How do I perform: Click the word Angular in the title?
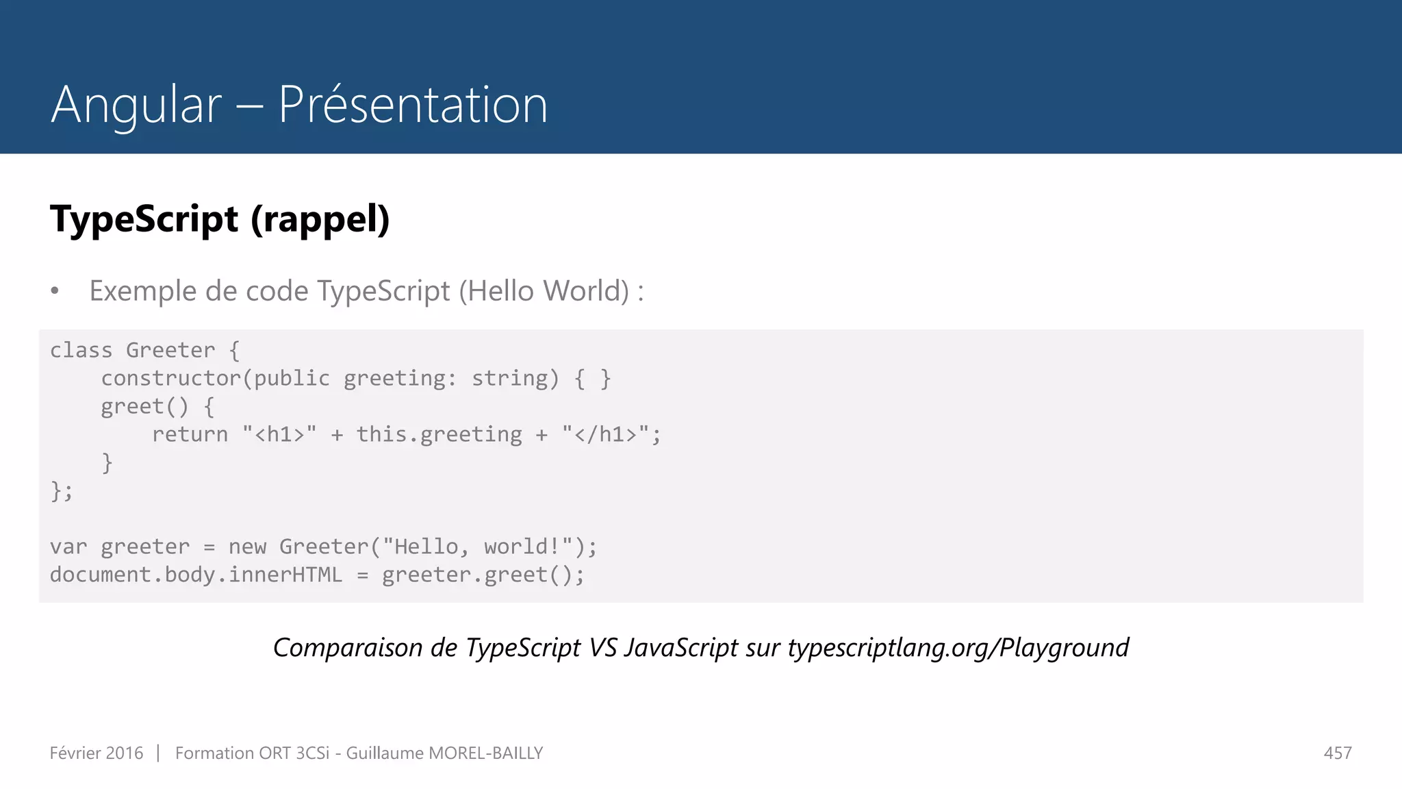136,105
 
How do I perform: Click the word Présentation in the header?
413,105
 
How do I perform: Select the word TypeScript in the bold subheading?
144,219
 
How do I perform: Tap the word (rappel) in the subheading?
320,219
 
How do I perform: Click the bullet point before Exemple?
55,292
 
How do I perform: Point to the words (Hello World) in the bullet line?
544,291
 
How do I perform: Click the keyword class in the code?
81,351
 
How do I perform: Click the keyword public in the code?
292,379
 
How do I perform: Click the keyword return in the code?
190,435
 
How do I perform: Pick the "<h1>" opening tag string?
279,435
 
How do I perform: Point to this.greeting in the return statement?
439,435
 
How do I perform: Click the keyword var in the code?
68,547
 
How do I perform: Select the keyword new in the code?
247,547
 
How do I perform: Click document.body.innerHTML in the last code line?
196,575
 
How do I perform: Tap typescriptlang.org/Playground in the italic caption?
958,648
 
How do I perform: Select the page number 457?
1338,753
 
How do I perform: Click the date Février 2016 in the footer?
97,753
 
